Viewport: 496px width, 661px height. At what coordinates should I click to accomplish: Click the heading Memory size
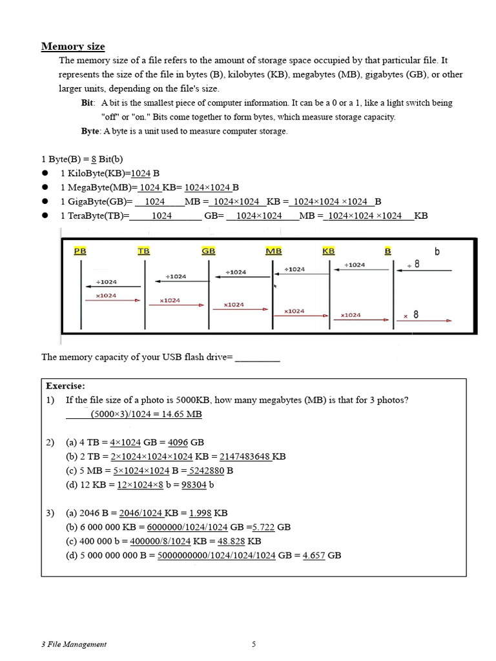73,46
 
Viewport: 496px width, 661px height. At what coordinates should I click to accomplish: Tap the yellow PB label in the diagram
80,251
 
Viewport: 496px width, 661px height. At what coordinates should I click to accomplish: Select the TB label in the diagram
143,251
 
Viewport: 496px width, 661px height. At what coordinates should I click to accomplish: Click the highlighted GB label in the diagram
209,251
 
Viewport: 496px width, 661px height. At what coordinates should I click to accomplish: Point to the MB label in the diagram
273,251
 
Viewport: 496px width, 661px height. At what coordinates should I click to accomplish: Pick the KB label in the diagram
329,251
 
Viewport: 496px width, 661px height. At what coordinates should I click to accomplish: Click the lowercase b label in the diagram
437,252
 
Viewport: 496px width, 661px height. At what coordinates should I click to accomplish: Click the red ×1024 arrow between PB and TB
112,300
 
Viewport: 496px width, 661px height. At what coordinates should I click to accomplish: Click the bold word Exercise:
65,386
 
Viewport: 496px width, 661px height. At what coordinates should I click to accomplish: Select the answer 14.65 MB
181,414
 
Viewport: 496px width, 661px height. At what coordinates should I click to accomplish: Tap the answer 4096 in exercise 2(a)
178,442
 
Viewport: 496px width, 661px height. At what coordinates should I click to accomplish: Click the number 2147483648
245,456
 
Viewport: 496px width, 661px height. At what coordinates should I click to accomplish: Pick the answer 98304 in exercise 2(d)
194,485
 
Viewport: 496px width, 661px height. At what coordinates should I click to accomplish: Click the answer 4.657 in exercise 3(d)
314,555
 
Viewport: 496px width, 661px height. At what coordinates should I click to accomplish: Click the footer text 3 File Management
74,644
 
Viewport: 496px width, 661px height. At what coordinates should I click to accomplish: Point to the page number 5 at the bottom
253,644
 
